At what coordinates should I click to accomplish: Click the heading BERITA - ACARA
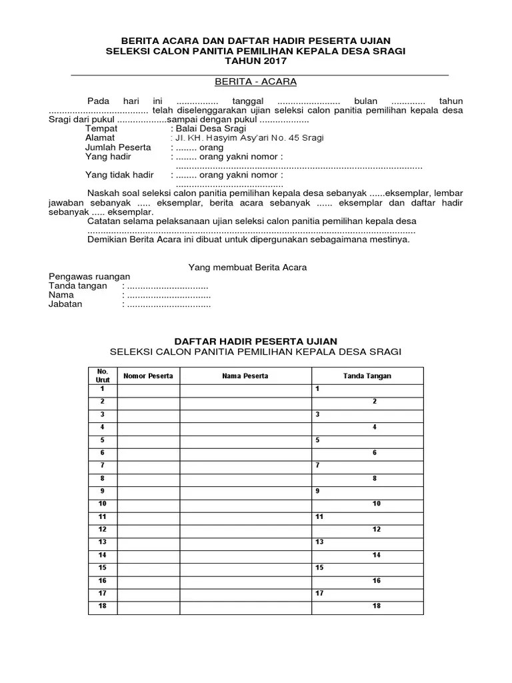pos(255,82)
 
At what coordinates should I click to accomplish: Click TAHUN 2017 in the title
pos(255,61)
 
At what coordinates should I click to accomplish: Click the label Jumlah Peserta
pos(118,147)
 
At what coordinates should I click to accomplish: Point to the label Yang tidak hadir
pos(119,175)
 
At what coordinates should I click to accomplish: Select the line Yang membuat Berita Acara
pos(247,267)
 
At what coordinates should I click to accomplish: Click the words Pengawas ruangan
pos(90,276)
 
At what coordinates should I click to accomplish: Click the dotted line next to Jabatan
pos(168,304)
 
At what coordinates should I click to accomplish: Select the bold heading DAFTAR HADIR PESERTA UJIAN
pos(256,341)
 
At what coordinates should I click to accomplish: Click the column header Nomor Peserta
pos(149,376)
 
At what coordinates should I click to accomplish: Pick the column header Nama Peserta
pos(245,376)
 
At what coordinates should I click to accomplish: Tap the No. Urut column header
pos(103,375)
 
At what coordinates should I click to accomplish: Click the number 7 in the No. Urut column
pos(103,464)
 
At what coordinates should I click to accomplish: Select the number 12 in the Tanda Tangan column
pos(377,529)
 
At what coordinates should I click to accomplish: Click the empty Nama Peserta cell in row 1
pos(245,388)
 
